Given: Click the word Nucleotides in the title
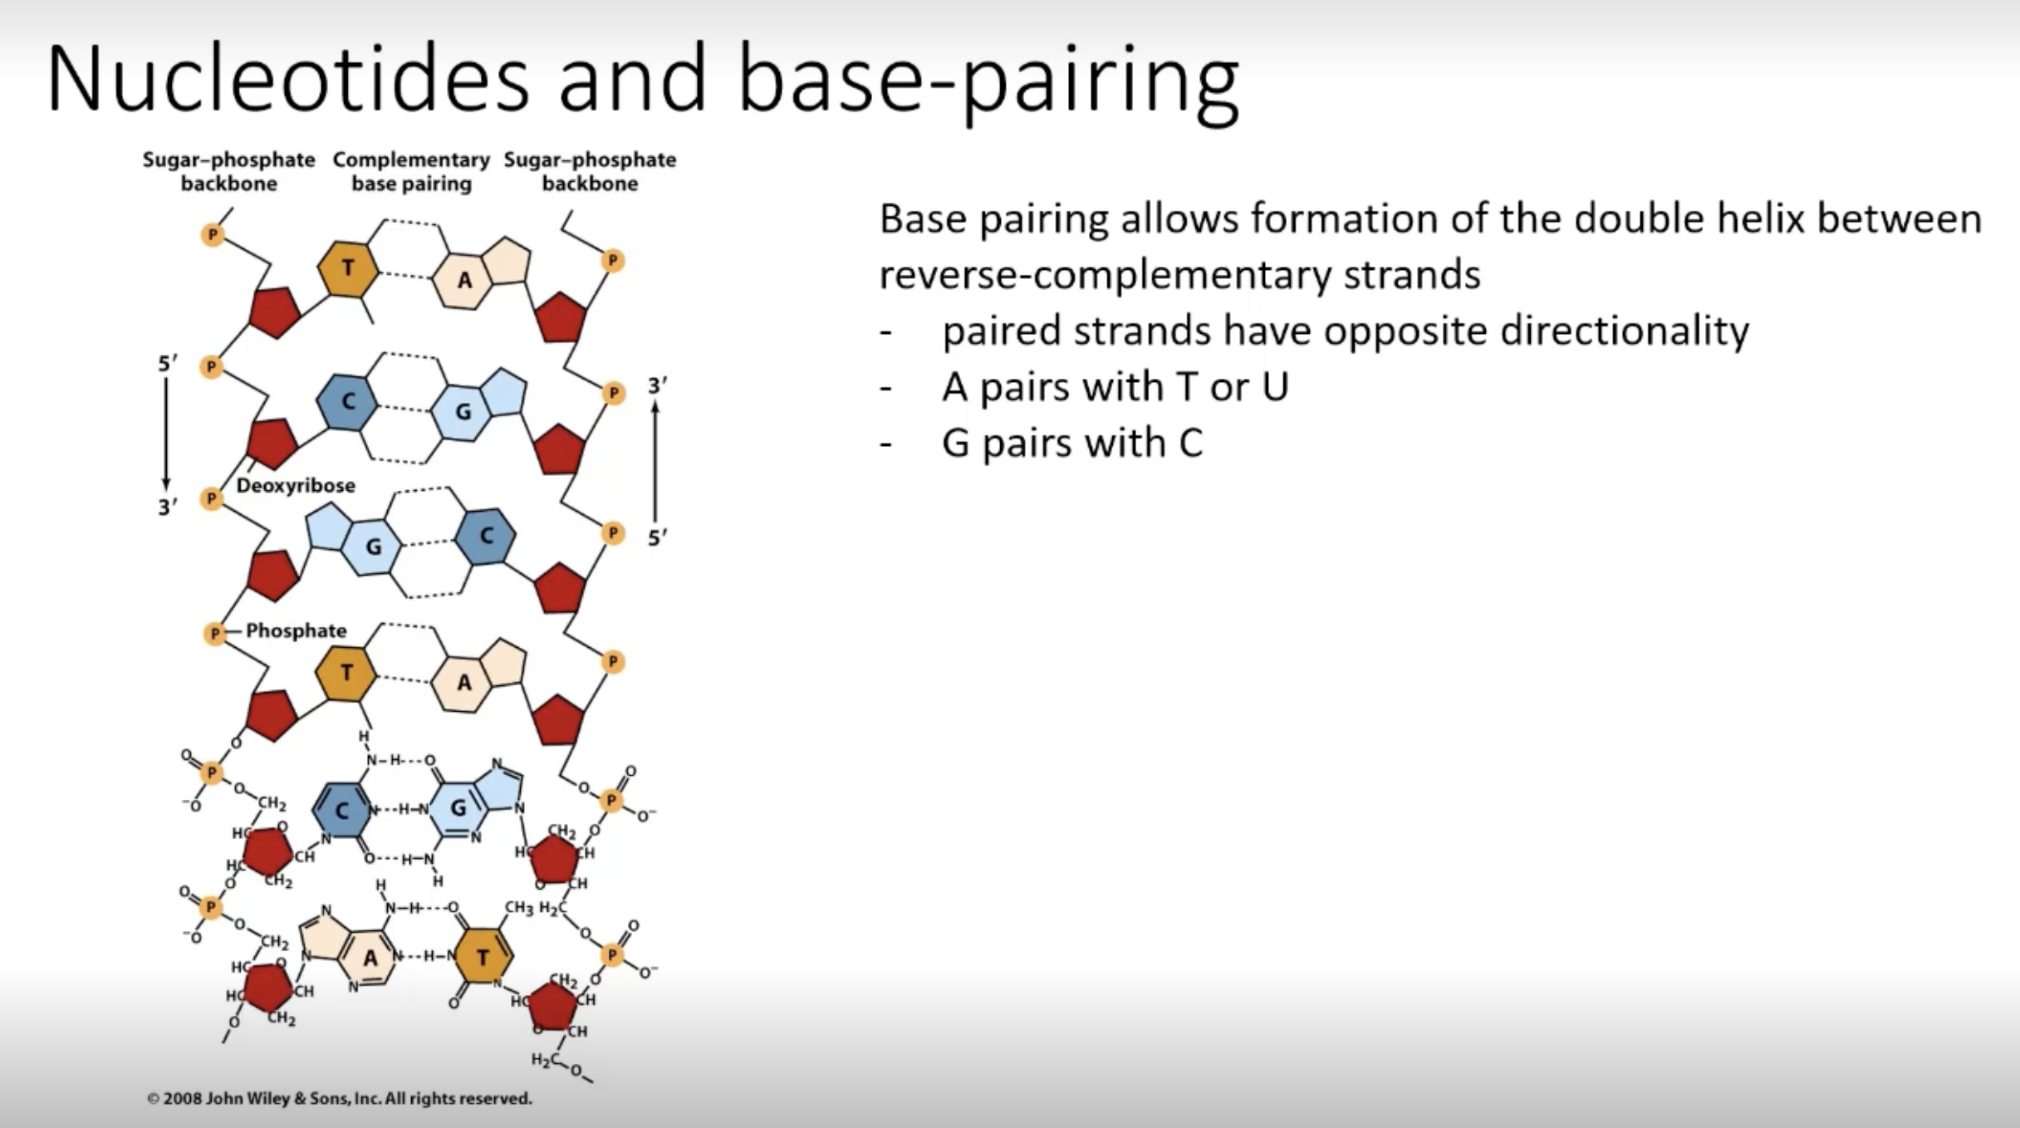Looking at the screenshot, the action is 287,80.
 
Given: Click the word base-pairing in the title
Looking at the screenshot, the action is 988,83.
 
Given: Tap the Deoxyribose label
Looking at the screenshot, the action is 296,486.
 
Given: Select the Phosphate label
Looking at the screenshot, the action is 296,631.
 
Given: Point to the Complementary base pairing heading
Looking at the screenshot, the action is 411,171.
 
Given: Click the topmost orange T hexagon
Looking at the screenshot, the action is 348,267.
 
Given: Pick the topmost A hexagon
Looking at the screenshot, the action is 463,280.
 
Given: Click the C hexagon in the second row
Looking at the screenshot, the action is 348,402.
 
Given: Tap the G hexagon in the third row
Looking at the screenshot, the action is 373,546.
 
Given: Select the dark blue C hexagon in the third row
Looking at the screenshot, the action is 486,536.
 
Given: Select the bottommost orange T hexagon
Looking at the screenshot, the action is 483,958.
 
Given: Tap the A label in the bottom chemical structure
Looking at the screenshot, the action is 370,958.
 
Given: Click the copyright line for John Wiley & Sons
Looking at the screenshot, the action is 339,1098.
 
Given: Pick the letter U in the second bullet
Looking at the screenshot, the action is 1274,387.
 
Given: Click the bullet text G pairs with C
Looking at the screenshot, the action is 1071,443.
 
